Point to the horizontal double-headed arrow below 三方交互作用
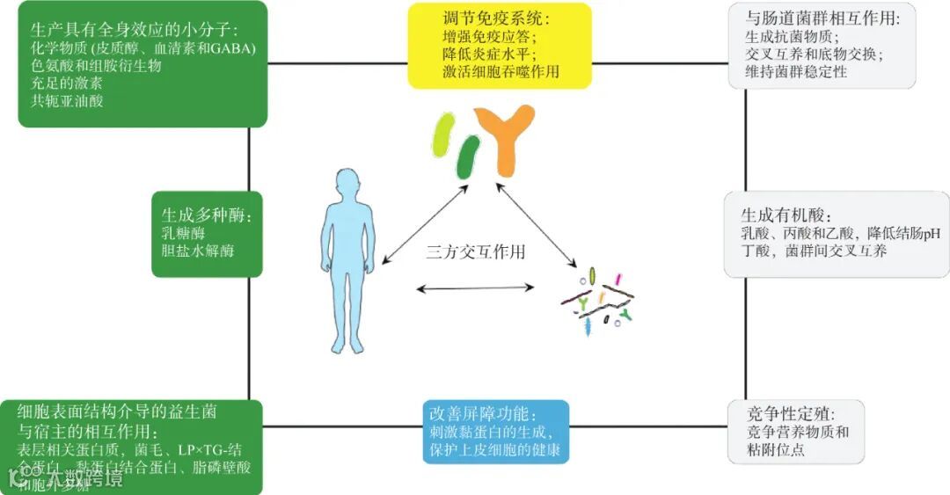coord(475,288)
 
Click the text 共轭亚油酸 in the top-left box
coord(69,101)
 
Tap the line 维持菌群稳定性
coord(796,72)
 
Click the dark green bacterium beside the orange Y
coord(468,157)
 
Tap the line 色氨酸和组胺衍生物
coord(96,66)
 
